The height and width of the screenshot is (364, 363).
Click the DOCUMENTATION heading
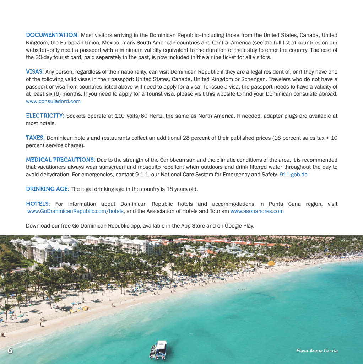coord(52,35)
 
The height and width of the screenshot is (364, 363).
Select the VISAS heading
coord(34,71)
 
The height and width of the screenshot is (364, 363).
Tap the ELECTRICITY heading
coord(45,116)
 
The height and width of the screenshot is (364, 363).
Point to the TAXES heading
coord(35,138)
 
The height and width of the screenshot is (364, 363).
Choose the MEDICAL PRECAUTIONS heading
coord(60,160)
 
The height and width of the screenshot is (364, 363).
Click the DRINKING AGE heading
coord(47,189)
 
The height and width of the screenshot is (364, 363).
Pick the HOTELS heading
coord(38,204)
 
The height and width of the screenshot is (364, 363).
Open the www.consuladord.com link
coord(53,101)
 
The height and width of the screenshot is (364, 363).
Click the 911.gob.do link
coord(293,175)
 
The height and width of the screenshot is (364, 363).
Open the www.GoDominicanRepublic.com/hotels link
coord(76,211)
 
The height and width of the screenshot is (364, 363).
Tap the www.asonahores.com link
coord(257,211)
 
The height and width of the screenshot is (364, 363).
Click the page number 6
coord(10,350)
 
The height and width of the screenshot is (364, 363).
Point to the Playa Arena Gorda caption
coord(317,351)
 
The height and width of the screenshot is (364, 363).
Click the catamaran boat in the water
coord(159,349)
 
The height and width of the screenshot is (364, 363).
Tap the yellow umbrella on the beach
coord(271,263)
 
